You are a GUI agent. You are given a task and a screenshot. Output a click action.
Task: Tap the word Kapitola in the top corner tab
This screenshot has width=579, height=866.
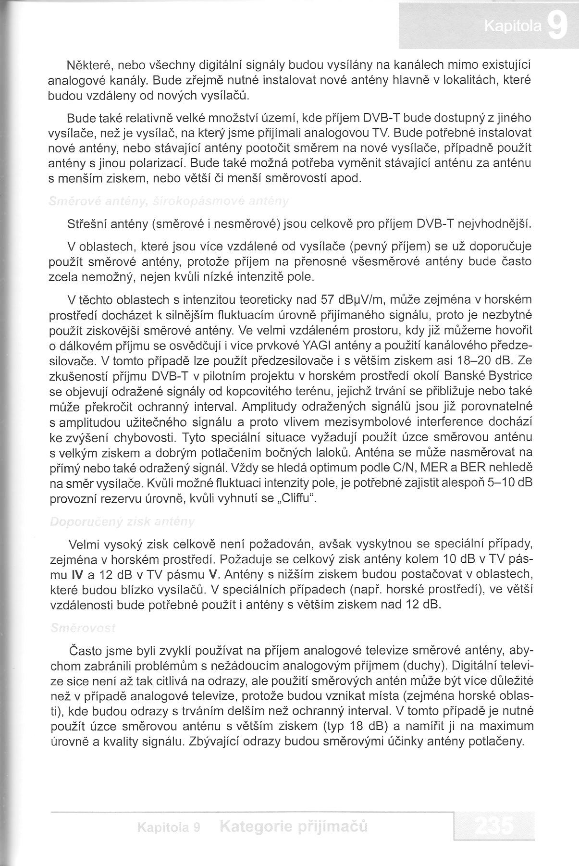(513, 27)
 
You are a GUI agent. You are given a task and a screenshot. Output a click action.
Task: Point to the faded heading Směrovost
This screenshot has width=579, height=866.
(82, 629)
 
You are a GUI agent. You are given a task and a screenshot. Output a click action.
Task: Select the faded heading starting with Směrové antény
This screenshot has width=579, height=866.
(169, 202)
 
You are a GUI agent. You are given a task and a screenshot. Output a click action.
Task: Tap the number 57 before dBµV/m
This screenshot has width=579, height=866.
(328, 300)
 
